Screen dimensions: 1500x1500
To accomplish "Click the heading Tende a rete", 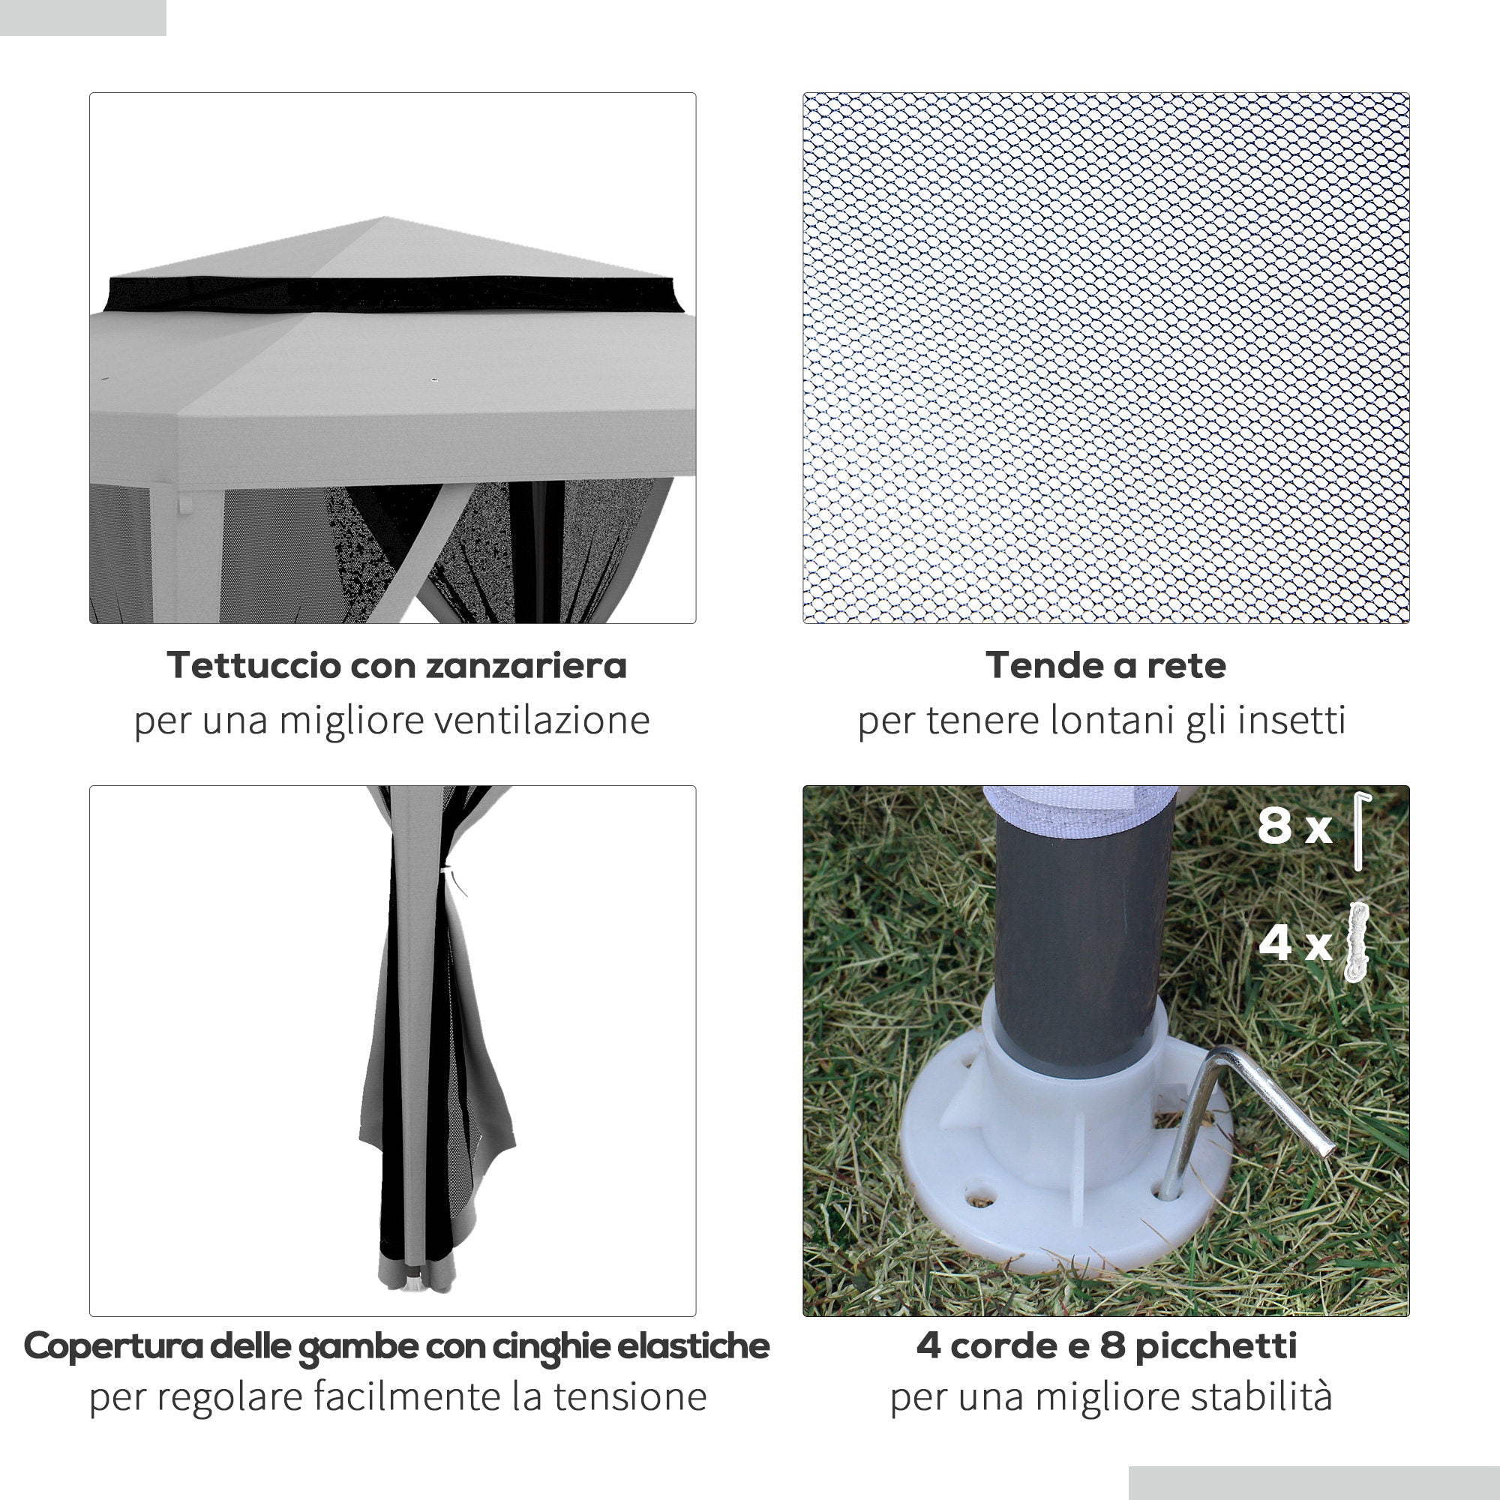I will click(1105, 665).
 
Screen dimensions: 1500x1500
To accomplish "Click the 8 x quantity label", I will click(1294, 826).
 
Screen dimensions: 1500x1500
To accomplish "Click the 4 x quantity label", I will click(1294, 943).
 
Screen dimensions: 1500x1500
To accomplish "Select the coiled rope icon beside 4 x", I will click(1357, 942).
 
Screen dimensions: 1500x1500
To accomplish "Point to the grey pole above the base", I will click(1083, 931).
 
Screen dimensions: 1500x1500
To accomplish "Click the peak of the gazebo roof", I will click(385, 219).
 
